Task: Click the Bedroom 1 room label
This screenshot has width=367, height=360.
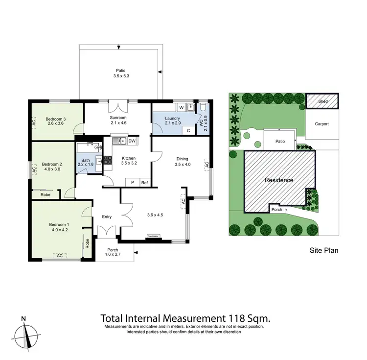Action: pos(57,225)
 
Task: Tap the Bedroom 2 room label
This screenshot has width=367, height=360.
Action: pos(51,164)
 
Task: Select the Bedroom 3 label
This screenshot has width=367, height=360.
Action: pos(56,119)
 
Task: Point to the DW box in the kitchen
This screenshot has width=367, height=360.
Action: pos(132,142)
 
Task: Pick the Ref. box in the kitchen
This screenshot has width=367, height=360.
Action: pos(144,183)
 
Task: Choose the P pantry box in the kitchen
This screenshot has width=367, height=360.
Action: pos(132,183)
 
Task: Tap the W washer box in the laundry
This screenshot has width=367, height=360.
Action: pos(181,107)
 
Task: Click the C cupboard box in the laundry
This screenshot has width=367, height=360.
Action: pos(188,131)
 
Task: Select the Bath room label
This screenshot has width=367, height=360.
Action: pos(86,160)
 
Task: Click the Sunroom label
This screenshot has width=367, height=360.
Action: pos(118,118)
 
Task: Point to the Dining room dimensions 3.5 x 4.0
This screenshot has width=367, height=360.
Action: pos(182,165)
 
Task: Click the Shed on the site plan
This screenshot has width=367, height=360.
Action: pos(322,101)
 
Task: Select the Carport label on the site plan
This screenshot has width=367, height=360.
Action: pos(322,124)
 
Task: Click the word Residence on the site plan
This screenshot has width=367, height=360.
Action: pos(279,180)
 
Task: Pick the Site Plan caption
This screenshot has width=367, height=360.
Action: pos(324,250)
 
